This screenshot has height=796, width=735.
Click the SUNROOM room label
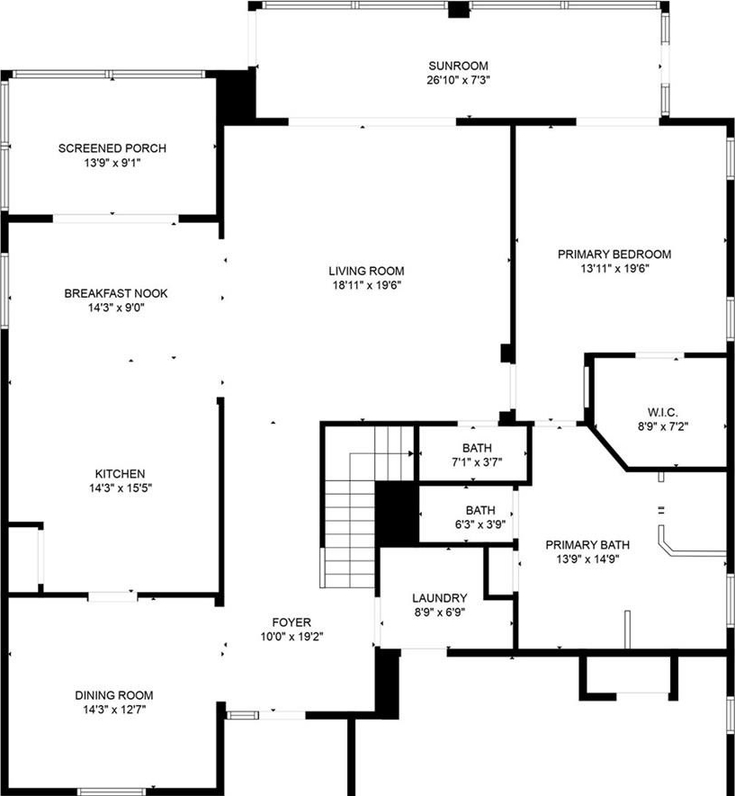458,66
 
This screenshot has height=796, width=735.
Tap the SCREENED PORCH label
112,148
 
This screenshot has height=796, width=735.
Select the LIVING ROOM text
366,271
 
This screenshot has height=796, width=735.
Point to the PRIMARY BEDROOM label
614,255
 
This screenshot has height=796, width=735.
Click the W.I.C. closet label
662,412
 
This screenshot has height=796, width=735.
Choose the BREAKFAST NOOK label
116,293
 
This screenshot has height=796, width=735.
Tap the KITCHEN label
121,474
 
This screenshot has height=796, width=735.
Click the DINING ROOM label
114,695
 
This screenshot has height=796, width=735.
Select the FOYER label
291,622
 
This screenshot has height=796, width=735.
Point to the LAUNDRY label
440,598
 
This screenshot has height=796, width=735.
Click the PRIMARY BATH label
587,545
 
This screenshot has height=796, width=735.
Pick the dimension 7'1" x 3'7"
477,462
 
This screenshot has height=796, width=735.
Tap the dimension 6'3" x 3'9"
480,524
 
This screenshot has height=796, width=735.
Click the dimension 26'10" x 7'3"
458,80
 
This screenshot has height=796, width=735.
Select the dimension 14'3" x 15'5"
121,488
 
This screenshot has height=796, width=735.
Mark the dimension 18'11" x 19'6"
366,285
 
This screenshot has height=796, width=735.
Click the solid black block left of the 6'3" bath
397,514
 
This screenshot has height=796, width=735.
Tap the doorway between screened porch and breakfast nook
116,219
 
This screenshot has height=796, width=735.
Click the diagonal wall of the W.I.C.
607,448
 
